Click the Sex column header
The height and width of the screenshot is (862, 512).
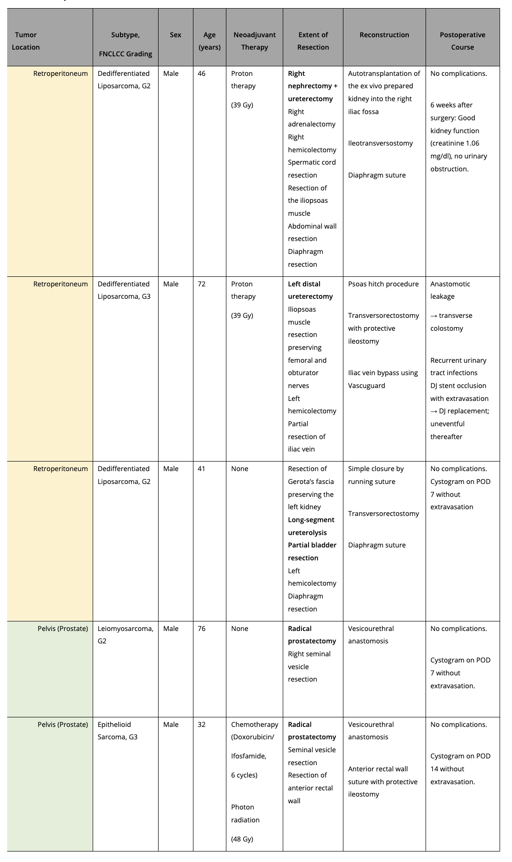(x=175, y=35)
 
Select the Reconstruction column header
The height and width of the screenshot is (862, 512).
(x=384, y=35)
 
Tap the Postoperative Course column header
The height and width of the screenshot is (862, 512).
(x=462, y=41)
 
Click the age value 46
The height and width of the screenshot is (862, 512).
(x=202, y=74)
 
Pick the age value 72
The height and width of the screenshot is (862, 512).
(x=202, y=284)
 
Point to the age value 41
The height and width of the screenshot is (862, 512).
(x=202, y=469)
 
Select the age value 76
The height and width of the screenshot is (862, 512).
(x=202, y=629)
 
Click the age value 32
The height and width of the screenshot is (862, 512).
(x=202, y=725)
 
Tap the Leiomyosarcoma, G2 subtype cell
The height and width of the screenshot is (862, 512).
(x=126, y=635)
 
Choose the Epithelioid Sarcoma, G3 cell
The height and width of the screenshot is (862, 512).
(x=117, y=731)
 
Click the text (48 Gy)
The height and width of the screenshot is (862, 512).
(x=242, y=839)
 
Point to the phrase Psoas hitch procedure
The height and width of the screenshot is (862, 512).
(x=383, y=284)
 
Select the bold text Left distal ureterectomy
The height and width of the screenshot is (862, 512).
(x=310, y=290)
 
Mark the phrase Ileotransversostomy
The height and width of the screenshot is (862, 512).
(x=380, y=143)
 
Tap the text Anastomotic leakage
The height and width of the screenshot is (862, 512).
(x=450, y=290)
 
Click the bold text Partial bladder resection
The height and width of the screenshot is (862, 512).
(x=312, y=551)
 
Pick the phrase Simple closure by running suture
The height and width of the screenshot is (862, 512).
(x=375, y=475)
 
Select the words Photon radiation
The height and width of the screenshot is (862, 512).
(x=245, y=813)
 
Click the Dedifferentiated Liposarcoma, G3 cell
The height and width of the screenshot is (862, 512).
(x=124, y=290)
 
